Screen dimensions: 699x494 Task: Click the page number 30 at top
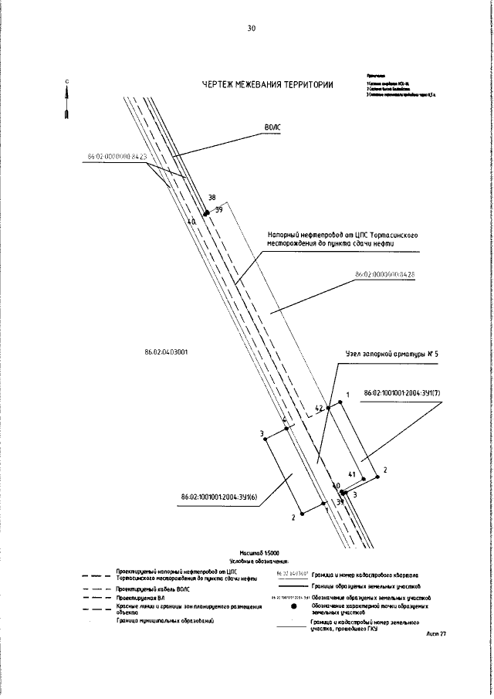[251, 29]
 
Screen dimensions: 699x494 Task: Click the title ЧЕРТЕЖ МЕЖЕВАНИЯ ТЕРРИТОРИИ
[268, 85]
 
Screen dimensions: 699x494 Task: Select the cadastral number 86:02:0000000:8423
[117, 157]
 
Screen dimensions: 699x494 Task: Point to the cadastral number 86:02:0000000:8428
[384, 274]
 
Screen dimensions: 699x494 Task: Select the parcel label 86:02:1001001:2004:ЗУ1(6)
[218, 497]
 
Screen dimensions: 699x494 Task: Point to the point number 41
[351, 473]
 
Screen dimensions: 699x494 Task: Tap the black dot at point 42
[329, 406]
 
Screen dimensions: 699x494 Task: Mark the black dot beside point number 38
[206, 213]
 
